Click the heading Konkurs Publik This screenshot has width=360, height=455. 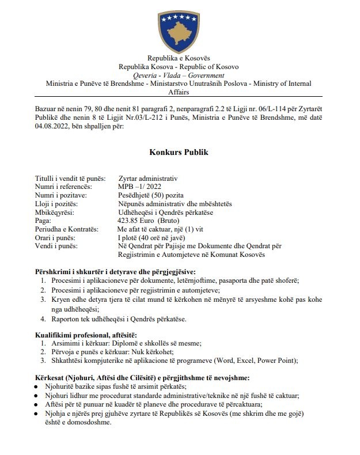click(179, 153)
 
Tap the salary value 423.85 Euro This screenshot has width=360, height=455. click(138, 221)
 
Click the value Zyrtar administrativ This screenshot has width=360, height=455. click(148, 179)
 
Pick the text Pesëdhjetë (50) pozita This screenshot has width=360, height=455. click(151, 196)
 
